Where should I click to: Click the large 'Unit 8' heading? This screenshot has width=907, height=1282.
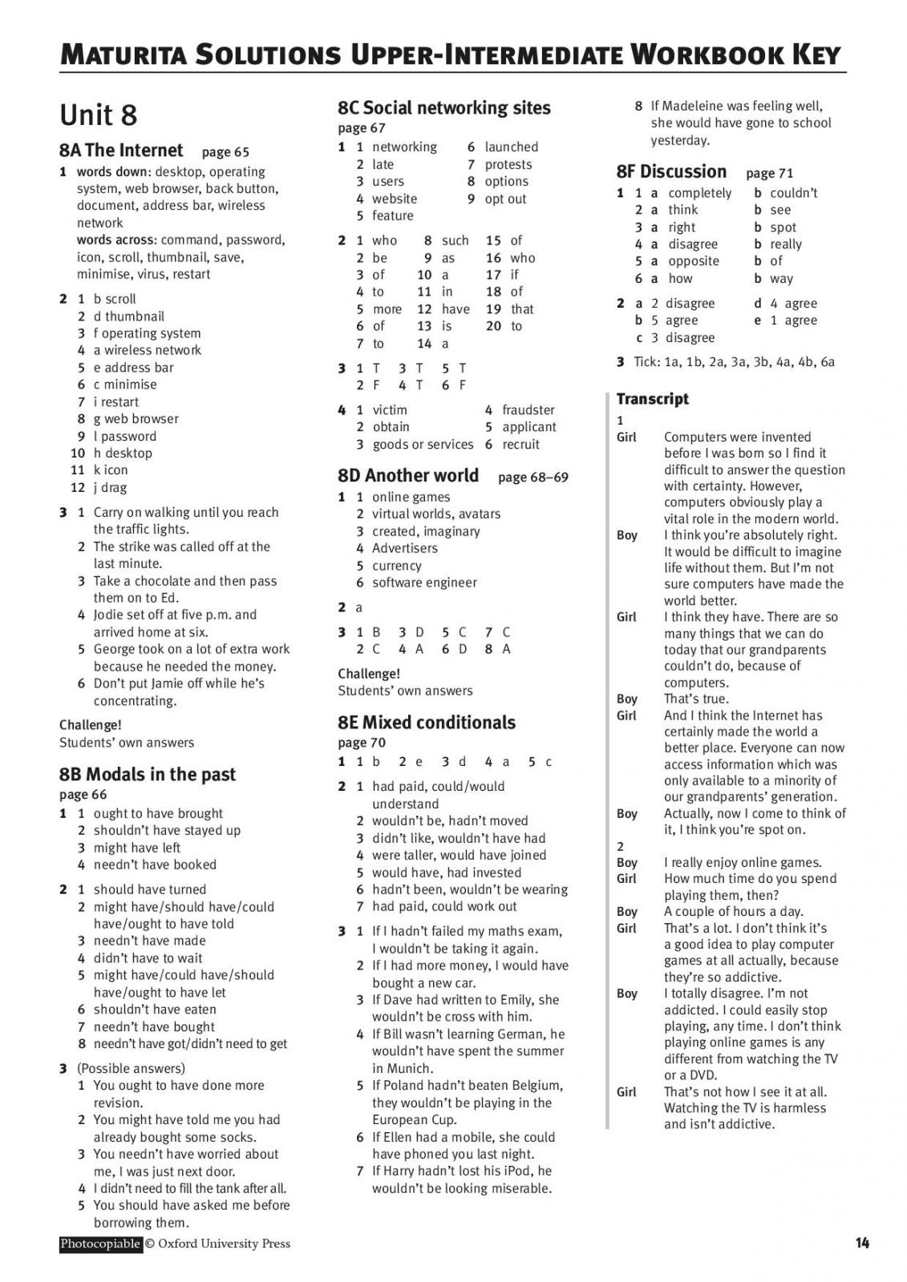[x=99, y=115]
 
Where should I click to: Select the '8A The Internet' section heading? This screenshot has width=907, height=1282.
[x=121, y=151]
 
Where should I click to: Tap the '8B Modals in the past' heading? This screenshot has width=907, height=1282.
[x=148, y=774]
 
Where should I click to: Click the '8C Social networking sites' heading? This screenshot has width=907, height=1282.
[x=443, y=108]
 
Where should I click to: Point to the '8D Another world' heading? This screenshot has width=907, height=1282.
[x=407, y=476]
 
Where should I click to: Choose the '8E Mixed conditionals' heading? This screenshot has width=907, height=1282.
[x=426, y=723]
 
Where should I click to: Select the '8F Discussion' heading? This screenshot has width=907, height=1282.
[x=671, y=171]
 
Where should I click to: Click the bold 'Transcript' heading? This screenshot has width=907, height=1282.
[x=652, y=399]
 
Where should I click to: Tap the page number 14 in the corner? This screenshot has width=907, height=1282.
[x=862, y=1244]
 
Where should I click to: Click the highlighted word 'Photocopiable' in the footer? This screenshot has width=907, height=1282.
[x=100, y=1244]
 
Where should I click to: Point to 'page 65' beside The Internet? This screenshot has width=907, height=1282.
[x=225, y=152]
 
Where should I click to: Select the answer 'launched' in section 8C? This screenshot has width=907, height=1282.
[x=511, y=147]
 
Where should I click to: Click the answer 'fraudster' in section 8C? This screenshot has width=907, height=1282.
[x=528, y=410]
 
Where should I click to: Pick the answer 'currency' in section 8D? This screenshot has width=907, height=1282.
[x=396, y=566]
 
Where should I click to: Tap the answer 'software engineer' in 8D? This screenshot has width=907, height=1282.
[x=424, y=583]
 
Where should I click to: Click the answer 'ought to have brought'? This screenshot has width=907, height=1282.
[x=158, y=813]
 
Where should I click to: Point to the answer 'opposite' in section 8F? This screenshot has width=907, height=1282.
[x=694, y=261]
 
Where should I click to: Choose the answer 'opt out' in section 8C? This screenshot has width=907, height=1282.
[x=505, y=199]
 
